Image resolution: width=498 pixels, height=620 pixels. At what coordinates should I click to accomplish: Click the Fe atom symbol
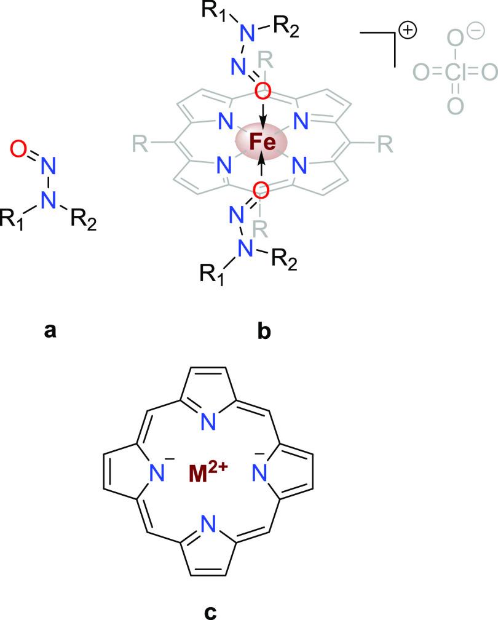pyautogui.click(x=263, y=140)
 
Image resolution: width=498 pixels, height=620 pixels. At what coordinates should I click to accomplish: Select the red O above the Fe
pyautogui.click(x=263, y=90)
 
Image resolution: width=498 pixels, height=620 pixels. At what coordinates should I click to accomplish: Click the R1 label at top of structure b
pyautogui.click(x=220, y=11)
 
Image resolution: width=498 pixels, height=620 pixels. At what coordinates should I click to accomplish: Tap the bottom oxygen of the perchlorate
pyautogui.click(x=454, y=106)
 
